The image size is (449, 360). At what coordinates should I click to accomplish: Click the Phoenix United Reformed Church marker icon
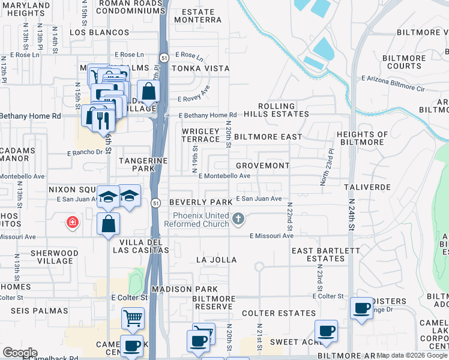[239, 219]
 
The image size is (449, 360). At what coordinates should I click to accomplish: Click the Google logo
[20, 353]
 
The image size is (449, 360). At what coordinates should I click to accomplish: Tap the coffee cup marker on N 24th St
[361, 308]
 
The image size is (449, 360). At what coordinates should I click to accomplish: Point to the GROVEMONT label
[262, 166]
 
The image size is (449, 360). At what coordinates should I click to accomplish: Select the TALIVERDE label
[367, 187]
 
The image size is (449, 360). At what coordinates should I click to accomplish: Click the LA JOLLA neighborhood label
[216, 260]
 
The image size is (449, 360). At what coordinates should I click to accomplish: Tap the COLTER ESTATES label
[279, 313]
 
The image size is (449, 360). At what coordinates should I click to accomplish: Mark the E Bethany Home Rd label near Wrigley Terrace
[207, 115]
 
